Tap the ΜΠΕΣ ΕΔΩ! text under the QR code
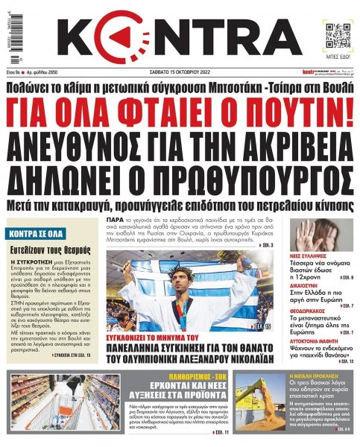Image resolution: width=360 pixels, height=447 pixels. (335, 57)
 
